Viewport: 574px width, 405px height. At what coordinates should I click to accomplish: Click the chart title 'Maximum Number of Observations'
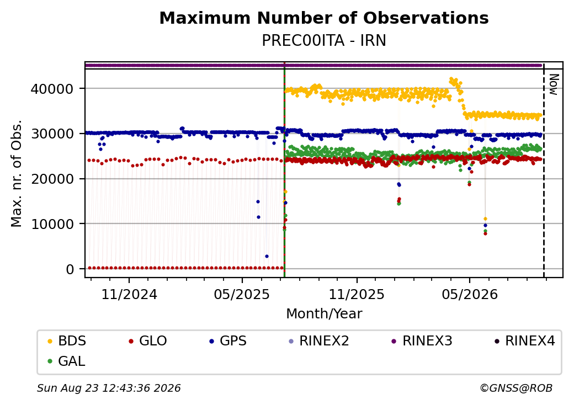click(324, 18)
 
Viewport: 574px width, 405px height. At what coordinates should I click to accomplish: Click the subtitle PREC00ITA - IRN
click(324, 41)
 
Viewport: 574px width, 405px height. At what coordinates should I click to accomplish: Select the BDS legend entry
click(67, 341)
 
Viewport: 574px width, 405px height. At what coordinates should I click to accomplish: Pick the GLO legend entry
click(148, 341)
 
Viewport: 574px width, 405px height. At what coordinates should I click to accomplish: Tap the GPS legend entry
click(228, 341)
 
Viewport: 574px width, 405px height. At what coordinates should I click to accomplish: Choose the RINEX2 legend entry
click(319, 341)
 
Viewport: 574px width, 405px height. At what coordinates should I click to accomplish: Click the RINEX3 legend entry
click(422, 341)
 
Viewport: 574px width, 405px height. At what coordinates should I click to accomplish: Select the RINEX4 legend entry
click(524, 341)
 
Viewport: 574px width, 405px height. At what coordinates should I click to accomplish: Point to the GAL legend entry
click(67, 361)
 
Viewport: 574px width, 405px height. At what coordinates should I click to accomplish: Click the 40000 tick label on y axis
click(52, 89)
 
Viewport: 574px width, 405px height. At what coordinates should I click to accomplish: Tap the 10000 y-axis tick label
click(52, 224)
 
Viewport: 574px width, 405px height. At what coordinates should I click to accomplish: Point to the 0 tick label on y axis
click(70, 269)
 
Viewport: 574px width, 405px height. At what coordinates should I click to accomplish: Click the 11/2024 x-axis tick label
click(129, 295)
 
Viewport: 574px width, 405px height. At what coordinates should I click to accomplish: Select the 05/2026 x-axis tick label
click(470, 295)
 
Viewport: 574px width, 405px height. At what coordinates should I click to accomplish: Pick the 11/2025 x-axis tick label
click(357, 295)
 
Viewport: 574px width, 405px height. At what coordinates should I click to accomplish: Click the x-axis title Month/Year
click(324, 314)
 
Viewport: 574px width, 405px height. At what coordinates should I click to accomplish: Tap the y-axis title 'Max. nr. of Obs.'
click(17, 173)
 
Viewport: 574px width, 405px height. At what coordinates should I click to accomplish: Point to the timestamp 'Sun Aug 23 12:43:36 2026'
click(109, 388)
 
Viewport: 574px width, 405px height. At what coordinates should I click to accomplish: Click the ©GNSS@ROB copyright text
click(516, 388)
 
